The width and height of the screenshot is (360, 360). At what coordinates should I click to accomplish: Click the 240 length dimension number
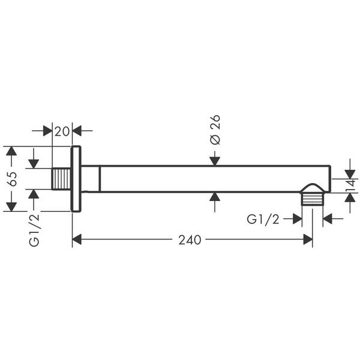click(x=190, y=240)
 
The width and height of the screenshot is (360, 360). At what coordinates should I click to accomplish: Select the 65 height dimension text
click(x=11, y=179)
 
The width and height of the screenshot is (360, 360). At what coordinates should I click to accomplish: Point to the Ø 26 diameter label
click(x=215, y=129)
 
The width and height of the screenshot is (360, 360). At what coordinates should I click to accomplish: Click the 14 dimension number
click(x=350, y=184)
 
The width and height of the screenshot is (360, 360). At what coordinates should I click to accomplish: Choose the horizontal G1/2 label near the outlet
click(x=263, y=220)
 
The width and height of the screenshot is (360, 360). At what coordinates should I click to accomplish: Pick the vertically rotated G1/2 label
click(x=34, y=230)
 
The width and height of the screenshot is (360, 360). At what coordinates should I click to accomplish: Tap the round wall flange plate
click(x=76, y=179)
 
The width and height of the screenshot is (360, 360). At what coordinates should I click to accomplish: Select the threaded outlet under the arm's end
click(x=312, y=197)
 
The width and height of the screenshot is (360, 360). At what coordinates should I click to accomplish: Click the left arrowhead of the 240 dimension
click(x=76, y=240)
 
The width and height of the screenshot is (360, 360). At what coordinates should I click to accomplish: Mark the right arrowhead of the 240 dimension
click(x=308, y=240)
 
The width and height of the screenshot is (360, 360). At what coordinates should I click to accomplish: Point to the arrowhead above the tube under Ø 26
click(x=215, y=160)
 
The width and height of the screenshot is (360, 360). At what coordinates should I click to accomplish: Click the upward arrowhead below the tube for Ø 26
click(x=215, y=197)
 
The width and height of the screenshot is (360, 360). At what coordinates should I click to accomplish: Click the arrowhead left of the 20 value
click(x=47, y=131)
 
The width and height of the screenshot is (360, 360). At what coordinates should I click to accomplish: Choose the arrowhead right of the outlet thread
click(x=328, y=220)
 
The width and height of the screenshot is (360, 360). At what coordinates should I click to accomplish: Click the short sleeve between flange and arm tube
click(x=90, y=179)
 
